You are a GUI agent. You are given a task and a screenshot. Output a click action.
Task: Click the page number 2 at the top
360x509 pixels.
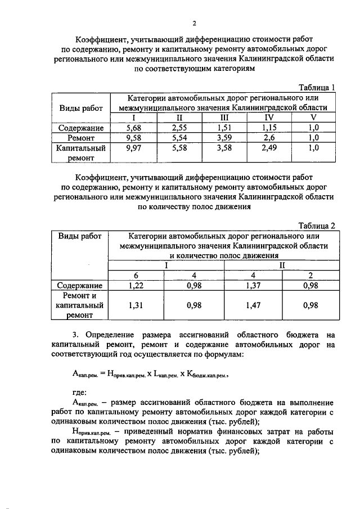pyautogui.click(x=193, y=23)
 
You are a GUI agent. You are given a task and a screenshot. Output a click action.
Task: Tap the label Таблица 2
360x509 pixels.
pyautogui.click(x=316, y=226)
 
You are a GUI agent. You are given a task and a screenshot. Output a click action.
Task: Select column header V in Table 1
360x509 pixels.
pyautogui.click(x=314, y=118)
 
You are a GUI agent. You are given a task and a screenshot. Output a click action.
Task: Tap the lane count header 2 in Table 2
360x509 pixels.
pyautogui.click(x=310, y=275)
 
